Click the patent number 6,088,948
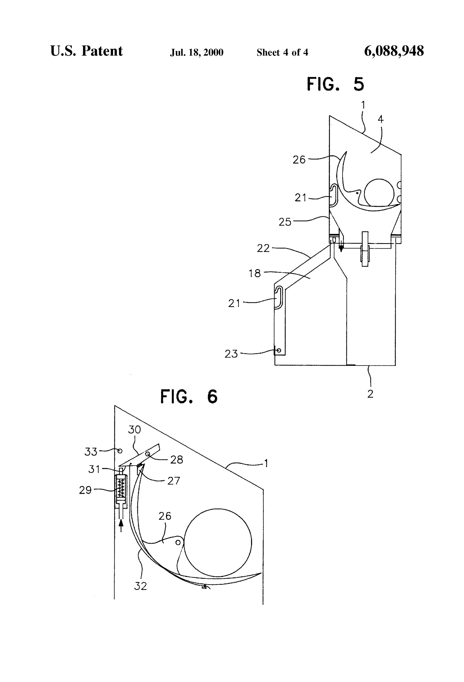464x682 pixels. pos(394,51)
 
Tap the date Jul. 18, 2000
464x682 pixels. pos(197,52)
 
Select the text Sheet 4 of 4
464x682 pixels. pos(282,52)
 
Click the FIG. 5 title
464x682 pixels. pos(335,84)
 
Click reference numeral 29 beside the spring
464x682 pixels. pos(85,490)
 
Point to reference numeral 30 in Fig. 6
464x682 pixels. pos(134,430)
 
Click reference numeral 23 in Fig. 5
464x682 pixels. pos(231,354)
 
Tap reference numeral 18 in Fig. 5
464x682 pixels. pos(255,273)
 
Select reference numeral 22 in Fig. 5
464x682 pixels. pos(263,249)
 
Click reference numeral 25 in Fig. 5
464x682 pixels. pos(285,222)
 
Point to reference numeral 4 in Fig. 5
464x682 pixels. pos(380,119)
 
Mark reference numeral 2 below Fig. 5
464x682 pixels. pos(370,394)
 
